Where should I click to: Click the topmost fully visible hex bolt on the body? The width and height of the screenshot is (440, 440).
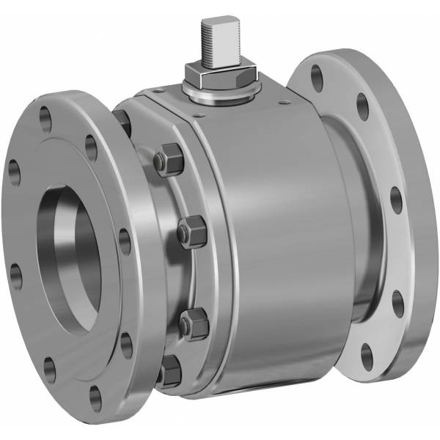point(169,161)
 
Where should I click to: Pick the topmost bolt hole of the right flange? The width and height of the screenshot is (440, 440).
point(317,76)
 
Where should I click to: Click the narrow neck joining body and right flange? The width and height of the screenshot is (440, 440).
point(345,220)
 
